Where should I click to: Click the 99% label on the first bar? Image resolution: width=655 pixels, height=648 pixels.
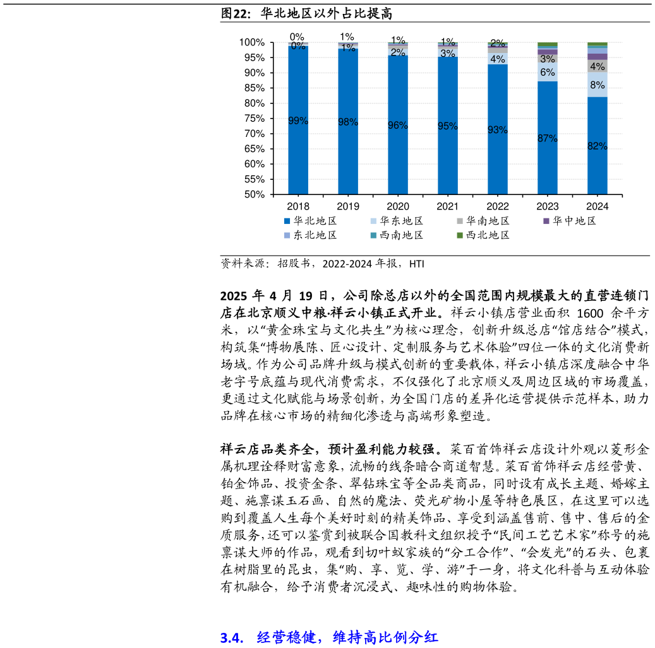(298, 121)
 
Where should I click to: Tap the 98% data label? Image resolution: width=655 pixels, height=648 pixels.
(348, 122)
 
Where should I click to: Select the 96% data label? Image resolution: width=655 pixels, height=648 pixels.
(398, 126)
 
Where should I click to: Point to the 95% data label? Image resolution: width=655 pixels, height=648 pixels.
(448, 126)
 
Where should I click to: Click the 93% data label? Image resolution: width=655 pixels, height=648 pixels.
(498, 130)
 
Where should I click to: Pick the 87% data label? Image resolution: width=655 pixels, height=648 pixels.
(548, 138)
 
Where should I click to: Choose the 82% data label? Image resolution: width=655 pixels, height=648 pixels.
(598, 146)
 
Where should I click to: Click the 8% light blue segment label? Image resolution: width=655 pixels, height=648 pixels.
(598, 85)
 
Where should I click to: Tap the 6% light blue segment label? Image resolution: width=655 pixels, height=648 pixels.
(548, 73)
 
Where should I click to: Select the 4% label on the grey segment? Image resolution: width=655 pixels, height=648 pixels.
(598, 66)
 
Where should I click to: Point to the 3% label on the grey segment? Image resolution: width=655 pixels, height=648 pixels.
(548, 59)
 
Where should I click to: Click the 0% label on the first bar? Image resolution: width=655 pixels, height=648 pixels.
(298, 46)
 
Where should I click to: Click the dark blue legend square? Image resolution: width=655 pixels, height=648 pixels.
(287, 221)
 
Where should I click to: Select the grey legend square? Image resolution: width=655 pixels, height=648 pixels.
(460, 221)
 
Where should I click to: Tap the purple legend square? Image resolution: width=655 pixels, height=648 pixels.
(546, 221)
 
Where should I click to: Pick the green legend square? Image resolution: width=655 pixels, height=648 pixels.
(460, 235)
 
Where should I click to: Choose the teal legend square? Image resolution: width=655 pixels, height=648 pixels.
(373, 235)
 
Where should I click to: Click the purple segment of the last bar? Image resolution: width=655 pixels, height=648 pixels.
(598, 57)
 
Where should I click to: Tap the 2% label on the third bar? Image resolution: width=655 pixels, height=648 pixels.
(398, 52)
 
